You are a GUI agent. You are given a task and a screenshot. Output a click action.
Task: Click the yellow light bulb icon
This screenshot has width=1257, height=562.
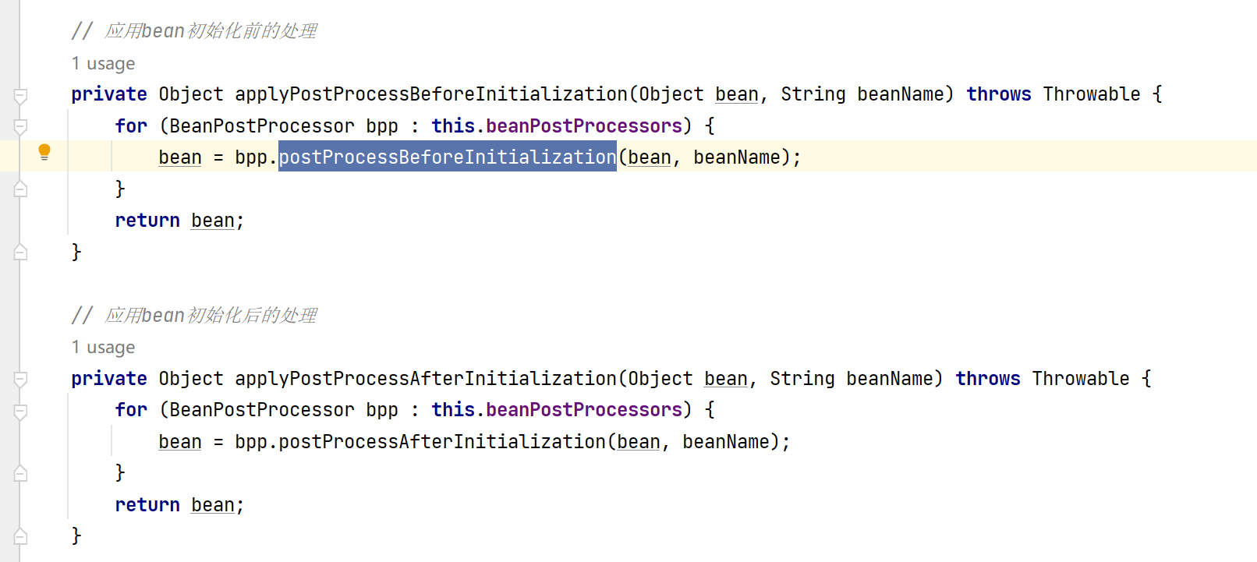pyautogui.click(x=44, y=152)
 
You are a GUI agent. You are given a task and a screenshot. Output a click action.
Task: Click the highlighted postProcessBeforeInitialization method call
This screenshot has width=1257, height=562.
pyautogui.click(x=447, y=157)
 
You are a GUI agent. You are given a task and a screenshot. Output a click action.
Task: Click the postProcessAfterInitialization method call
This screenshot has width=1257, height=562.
pyautogui.click(x=441, y=442)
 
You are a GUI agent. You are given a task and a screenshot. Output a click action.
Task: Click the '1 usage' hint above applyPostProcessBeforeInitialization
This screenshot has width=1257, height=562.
pyautogui.click(x=103, y=64)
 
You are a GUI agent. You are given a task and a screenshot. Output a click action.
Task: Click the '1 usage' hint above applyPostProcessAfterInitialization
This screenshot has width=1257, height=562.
pyautogui.click(x=103, y=348)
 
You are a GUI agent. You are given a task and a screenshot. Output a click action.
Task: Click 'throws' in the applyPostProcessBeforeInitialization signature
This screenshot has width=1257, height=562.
pyautogui.click(x=998, y=94)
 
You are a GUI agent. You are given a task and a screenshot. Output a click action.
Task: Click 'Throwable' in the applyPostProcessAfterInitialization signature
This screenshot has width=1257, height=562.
pyautogui.click(x=1080, y=379)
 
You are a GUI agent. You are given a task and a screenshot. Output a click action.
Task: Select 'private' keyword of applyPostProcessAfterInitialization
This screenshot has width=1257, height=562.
pyautogui.click(x=108, y=379)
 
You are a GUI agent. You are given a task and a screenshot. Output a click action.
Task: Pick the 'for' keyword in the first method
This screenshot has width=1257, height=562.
pyautogui.click(x=131, y=126)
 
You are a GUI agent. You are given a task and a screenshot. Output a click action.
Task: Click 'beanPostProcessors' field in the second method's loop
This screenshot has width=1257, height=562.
pyautogui.click(x=584, y=410)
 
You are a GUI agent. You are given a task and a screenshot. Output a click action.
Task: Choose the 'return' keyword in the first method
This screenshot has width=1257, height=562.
pyautogui.click(x=147, y=221)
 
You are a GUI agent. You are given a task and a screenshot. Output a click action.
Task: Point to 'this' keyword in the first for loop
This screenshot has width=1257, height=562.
pyautogui.click(x=453, y=126)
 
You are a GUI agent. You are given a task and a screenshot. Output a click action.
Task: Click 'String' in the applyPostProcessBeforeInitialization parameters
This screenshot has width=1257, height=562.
pyautogui.click(x=813, y=94)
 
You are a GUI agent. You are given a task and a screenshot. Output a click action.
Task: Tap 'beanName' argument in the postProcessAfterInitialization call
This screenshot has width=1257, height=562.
pyautogui.click(x=725, y=442)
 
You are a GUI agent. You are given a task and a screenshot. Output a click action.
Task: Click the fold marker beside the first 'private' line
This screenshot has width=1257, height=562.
pyautogui.click(x=21, y=95)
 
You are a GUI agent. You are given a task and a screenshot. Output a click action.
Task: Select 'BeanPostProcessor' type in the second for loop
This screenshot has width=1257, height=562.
pyautogui.click(x=262, y=410)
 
